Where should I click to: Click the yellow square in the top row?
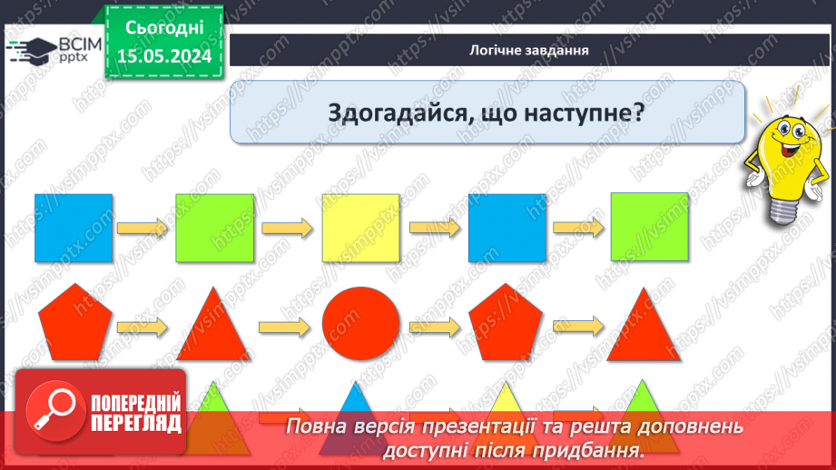[360, 228]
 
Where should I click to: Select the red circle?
[360, 325]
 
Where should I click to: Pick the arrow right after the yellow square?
[432, 228]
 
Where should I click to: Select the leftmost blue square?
[74, 228]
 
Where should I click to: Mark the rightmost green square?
[649, 228]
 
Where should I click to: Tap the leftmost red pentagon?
[74, 325]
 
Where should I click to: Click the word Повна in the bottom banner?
[319, 426]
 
